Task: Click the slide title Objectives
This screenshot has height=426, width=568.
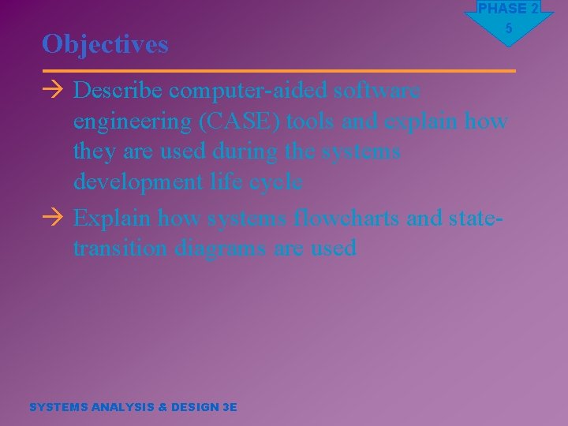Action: coord(105,44)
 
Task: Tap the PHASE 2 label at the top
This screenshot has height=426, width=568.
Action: coord(509,9)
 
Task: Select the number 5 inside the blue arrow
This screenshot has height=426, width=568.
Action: coord(509,28)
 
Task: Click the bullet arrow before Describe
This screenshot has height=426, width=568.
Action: coord(52,92)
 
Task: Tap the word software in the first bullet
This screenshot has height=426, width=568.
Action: coord(377,91)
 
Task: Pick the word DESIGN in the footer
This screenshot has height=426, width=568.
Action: coord(194,407)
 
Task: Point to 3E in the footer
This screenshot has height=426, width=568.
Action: coord(230,407)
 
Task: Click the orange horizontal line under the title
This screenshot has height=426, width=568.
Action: coord(279,71)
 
